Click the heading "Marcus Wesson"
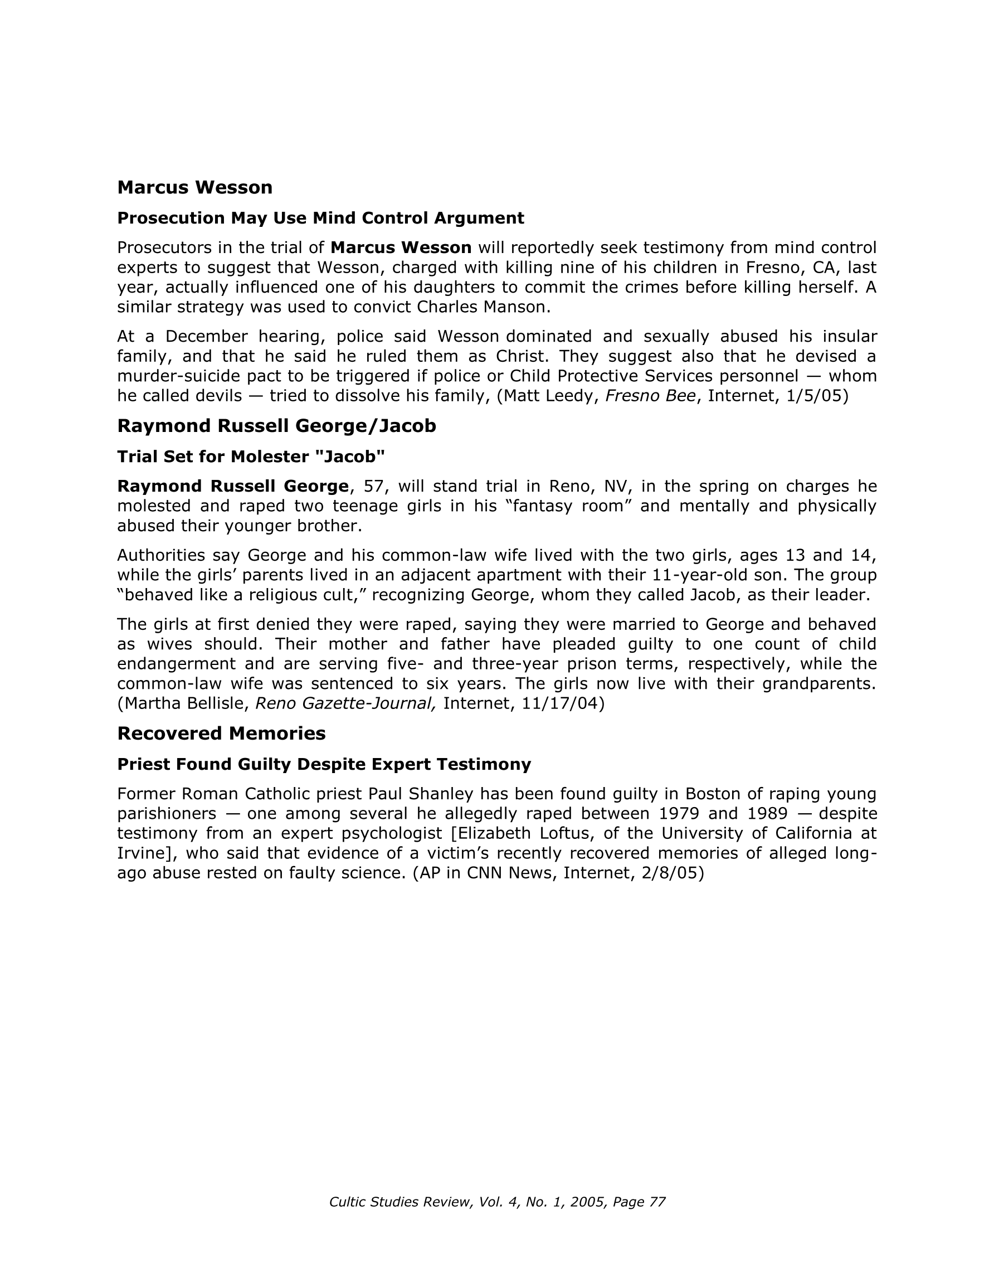(x=194, y=187)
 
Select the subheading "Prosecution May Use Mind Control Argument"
(x=320, y=218)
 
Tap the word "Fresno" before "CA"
(x=772, y=268)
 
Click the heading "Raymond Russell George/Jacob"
(x=276, y=425)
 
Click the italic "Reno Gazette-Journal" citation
(x=346, y=703)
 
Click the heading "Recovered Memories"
(x=221, y=733)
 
